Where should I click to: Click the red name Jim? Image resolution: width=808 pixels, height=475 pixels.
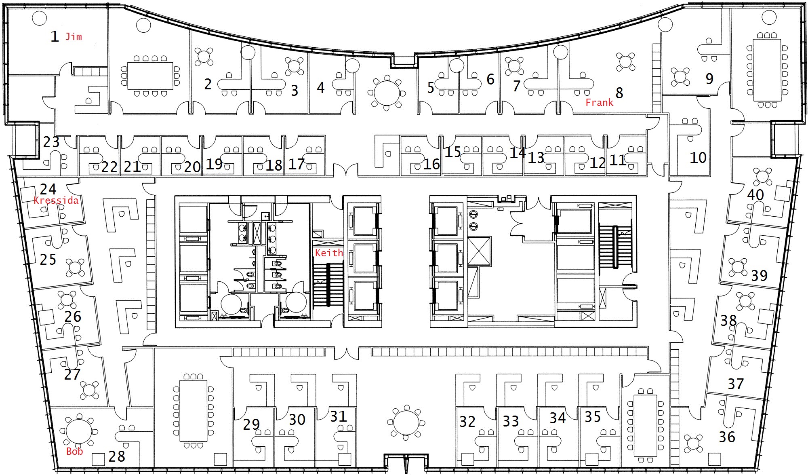click(74, 37)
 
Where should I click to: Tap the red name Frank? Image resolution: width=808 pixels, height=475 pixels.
click(600, 103)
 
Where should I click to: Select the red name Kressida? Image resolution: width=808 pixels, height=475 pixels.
click(56, 200)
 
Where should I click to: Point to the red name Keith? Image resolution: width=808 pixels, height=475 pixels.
click(329, 253)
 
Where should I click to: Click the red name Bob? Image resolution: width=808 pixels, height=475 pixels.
click(75, 452)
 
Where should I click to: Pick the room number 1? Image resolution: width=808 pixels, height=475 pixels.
click(55, 36)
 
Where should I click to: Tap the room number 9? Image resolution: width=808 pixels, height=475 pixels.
click(709, 78)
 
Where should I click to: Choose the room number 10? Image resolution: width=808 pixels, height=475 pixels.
click(698, 157)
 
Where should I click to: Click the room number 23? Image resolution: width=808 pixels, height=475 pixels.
click(51, 142)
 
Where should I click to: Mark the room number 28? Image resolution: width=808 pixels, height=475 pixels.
click(117, 456)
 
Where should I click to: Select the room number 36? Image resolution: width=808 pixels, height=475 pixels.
click(727, 437)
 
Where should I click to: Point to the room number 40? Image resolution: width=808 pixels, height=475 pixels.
click(755, 195)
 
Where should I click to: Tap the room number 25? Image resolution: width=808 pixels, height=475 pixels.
click(48, 260)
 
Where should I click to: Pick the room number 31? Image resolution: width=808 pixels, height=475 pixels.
click(339, 416)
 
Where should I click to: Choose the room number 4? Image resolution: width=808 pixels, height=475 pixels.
click(321, 88)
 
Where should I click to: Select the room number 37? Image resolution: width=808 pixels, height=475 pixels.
click(736, 384)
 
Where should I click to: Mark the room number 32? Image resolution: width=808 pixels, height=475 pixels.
click(467, 422)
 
